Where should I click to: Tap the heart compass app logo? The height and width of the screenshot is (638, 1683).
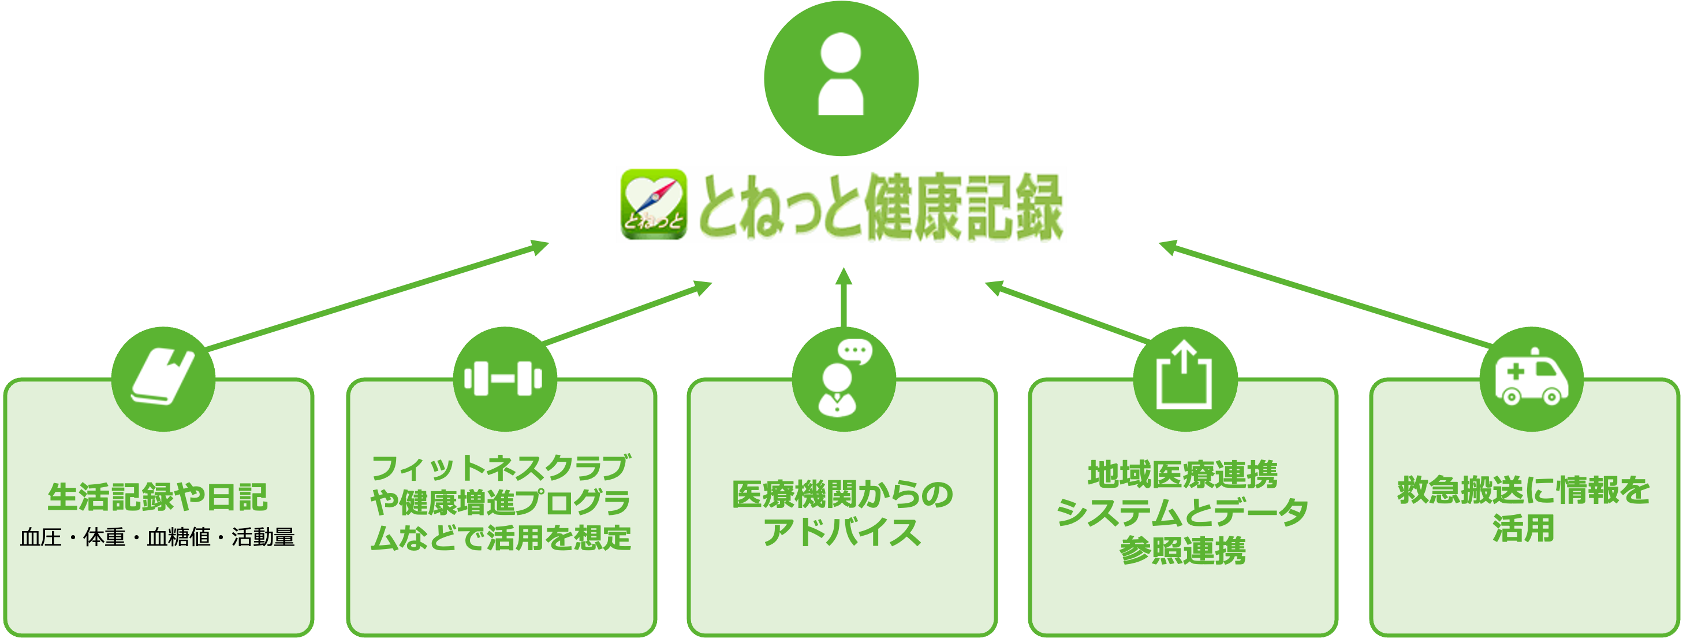tap(652, 204)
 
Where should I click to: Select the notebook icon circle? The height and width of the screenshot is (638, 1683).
tap(163, 379)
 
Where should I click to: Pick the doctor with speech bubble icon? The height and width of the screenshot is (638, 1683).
tap(843, 379)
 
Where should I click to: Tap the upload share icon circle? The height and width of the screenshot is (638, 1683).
tap(1184, 379)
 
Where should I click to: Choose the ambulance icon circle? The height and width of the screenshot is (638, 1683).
tap(1531, 379)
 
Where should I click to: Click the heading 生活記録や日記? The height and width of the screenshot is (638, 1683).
tap(158, 498)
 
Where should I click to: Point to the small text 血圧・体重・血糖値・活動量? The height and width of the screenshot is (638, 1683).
tap(158, 537)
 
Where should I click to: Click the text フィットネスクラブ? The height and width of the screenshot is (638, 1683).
tap(500, 468)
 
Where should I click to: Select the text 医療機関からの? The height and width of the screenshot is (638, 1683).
tap(842, 495)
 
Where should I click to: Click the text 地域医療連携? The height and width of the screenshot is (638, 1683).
tap(1182, 474)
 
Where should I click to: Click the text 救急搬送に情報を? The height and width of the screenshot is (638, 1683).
tap(1524, 491)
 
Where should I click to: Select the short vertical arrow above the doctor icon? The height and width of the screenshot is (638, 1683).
tap(844, 298)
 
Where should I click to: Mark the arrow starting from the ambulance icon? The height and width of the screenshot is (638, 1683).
tap(1326, 295)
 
